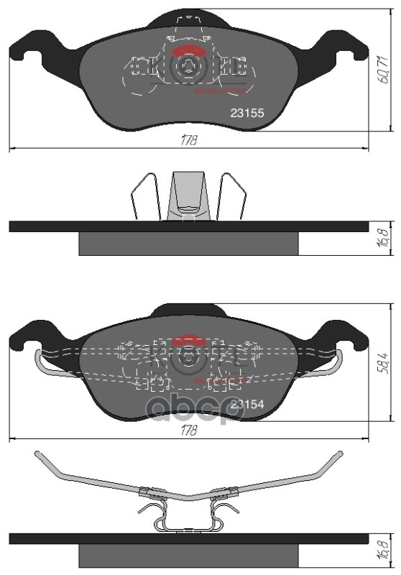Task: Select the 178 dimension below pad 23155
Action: tap(189, 141)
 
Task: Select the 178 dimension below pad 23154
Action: tap(189, 430)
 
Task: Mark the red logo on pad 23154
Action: tap(190, 339)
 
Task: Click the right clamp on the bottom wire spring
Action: tap(231, 492)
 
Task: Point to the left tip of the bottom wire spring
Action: tap(38, 454)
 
